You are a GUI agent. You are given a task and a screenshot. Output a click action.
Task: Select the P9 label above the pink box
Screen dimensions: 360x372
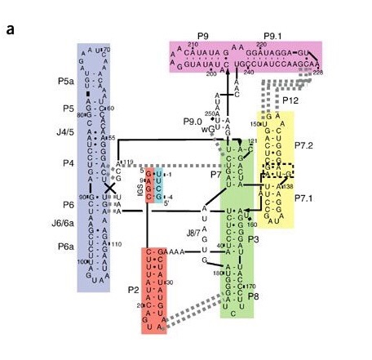(x=201, y=37)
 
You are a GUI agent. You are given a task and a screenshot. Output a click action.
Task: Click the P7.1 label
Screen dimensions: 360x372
(x=305, y=198)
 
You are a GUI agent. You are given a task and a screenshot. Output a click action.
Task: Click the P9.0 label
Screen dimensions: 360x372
(x=193, y=122)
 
